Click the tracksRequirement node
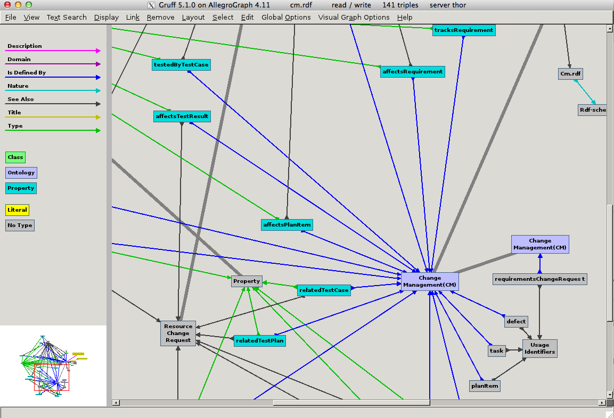(x=464, y=30)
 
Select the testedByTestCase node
(x=181, y=65)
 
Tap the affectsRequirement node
(x=413, y=71)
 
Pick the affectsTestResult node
(x=182, y=116)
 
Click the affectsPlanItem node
(x=287, y=225)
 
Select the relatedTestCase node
(x=324, y=290)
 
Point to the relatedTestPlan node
(x=260, y=340)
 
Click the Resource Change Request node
(x=178, y=333)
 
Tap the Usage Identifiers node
(x=539, y=348)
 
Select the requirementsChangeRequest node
(x=539, y=279)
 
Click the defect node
(x=516, y=321)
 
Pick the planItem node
(x=485, y=386)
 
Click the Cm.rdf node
(x=570, y=74)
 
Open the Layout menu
(x=193, y=17)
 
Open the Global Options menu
(x=286, y=17)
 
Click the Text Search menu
(x=67, y=17)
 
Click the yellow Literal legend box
(x=17, y=210)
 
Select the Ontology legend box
(x=21, y=173)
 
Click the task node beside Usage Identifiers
(x=496, y=350)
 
